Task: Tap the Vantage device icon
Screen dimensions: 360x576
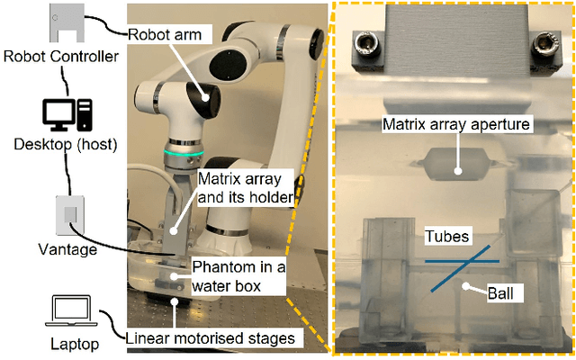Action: pos(71,212)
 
